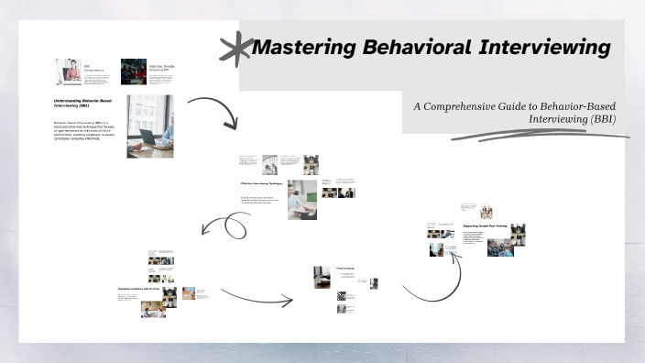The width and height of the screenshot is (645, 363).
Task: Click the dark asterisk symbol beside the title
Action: (x=237, y=47)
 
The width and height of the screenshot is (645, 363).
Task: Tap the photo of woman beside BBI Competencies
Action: (x=68, y=71)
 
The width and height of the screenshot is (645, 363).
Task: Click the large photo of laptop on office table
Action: (x=149, y=126)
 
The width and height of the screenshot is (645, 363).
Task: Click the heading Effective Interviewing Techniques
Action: (x=259, y=183)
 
